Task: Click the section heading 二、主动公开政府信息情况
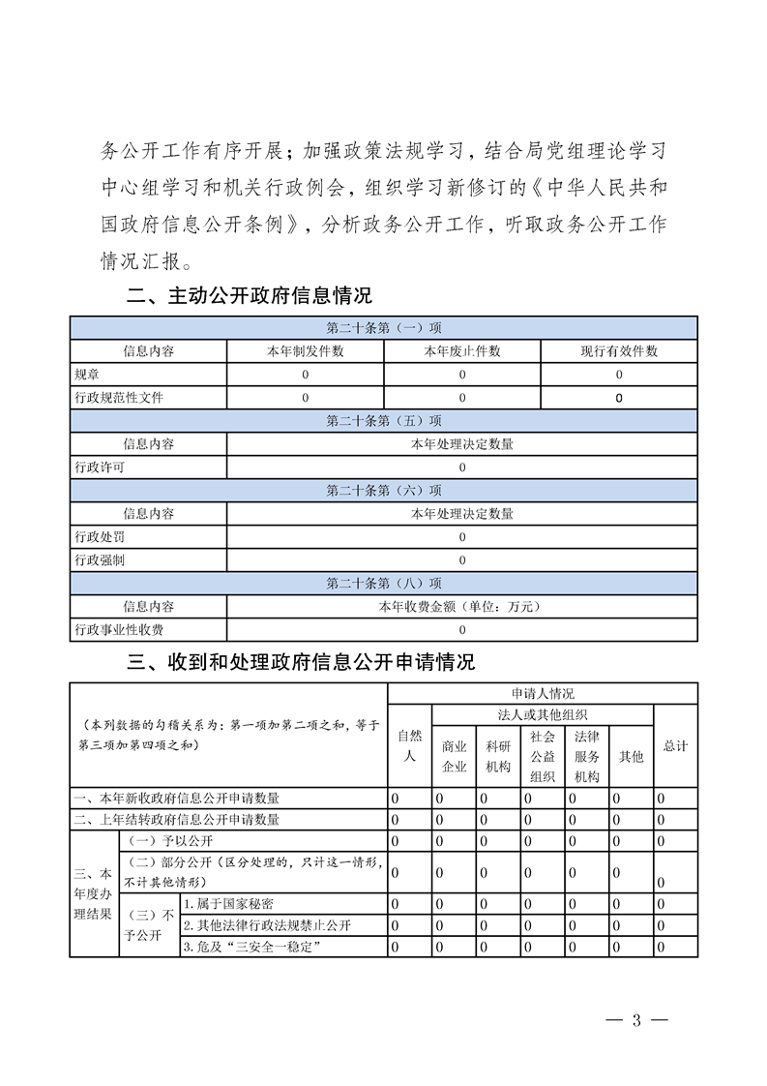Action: coord(250,295)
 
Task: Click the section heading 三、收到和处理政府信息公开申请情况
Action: coord(301,663)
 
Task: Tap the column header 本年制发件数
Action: coord(305,351)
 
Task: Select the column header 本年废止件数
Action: coord(461,351)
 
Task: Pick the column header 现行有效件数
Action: coord(618,351)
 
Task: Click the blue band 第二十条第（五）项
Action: coord(384,421)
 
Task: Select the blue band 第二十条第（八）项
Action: coord(384,584)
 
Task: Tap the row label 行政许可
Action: coord(100,468)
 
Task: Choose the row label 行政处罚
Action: coord(100,537)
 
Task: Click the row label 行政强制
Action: coord(100,560)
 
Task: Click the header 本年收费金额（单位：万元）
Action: coord(461,607)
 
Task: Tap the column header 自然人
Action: coord(409,746)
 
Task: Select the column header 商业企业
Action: coord(454,757)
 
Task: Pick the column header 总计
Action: coord(675,746)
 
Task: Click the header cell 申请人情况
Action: coord(543,694)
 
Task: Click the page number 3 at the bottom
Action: coord(636,1019)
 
